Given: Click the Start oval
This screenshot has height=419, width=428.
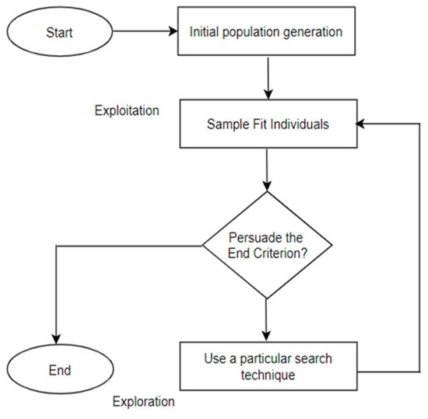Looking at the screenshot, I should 59,32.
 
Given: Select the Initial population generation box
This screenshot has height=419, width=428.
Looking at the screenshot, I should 266,32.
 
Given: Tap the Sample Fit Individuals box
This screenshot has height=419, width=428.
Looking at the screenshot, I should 266,124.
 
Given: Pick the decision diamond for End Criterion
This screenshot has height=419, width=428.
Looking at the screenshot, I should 266,243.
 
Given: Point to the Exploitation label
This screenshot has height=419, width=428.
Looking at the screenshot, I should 126,110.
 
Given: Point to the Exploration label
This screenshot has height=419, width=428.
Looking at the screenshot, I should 143,402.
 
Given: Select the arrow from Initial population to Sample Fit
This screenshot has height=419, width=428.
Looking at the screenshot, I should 266,77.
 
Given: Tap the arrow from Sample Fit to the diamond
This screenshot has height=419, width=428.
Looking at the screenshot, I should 266,169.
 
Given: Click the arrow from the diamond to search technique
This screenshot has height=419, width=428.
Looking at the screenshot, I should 266,319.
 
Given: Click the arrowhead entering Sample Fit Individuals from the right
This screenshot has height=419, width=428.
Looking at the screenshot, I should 360,124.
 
